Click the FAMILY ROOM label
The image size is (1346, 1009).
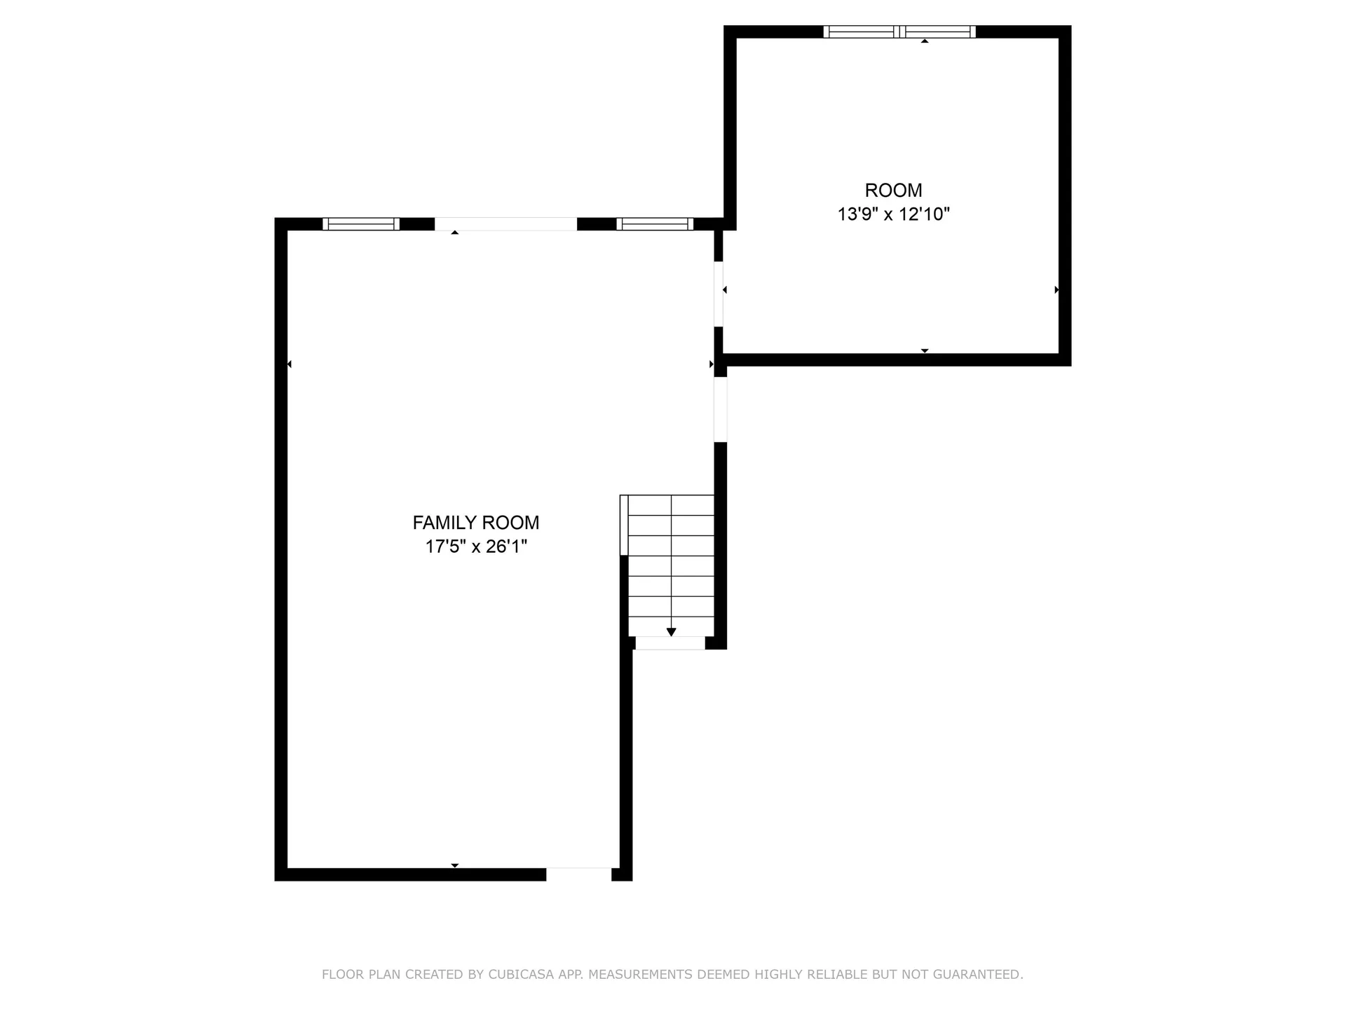tap(475, 523)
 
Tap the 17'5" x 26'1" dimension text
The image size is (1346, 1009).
tap(475, 547)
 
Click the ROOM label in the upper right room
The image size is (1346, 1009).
tap(893, 190)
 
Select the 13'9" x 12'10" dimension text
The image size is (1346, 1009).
tap(893, 214)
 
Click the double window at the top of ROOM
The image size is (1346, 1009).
tap(899, 32)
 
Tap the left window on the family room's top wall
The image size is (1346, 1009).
tap(361, 224)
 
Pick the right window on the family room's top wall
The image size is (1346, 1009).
tap(655, 224)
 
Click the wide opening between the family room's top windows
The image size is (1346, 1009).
tap(505, 224)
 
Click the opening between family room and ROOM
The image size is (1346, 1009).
tap(719, 294)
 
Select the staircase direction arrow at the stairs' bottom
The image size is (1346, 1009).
tap(671, 632)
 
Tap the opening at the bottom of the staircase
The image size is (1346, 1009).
tap(669, 643)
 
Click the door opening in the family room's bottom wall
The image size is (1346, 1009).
tap(578, 874)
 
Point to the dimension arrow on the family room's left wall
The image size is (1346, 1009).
tap(289, 364)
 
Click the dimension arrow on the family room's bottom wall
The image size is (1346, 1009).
tap(455, 865)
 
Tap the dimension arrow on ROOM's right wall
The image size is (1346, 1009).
tap(1056, 289)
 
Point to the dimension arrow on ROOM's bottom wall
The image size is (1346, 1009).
tap(925, 350)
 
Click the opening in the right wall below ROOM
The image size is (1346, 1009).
tap(721, 409)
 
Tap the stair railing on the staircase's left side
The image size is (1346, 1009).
tap(624, 525)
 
